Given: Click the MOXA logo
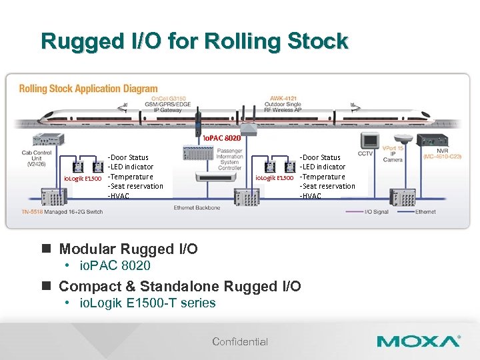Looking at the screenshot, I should pyautogui.click(x=418, y=341).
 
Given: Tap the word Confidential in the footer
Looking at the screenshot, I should pyautogui.click(x=240, y=341).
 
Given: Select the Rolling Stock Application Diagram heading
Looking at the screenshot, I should pyautogui.click(x=88, y=89).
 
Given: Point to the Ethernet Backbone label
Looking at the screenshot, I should pyautogui.click(x=197, y=208).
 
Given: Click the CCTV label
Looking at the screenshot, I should pyautogui.click(x=365, y=153).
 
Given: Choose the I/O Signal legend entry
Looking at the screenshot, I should pyautogui.click(x=377, y=211).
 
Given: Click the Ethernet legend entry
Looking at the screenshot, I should pyautogui.click(x=425, y=211).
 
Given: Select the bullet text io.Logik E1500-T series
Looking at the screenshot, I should pyautogui.click(x=147, y=303).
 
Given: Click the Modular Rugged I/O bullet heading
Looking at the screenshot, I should pyautogui.click(x=128, y=249).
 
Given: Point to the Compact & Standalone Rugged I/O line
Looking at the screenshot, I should pyautogui.click(x=180, y=286).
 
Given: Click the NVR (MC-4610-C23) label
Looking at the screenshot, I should pyautogui.click(x=442, y=153).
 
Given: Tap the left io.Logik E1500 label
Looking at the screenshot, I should pyautogui.click(x=82, y=178).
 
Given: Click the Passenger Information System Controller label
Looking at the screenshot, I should pyautogui.click(x=229, y=159).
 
